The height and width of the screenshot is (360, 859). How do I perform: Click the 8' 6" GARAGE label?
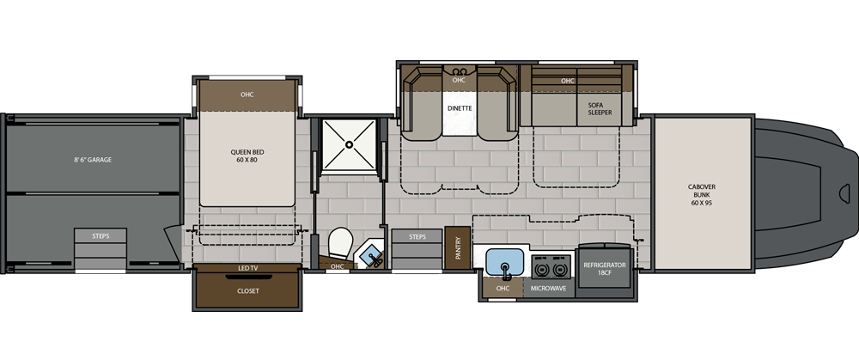click(93, 160)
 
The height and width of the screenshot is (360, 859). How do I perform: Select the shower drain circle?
click(349, 144)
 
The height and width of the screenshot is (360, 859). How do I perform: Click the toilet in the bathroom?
click(340, 243)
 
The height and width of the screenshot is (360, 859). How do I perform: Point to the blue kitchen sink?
click(505, 262)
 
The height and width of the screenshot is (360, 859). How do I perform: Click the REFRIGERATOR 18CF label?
click(604, 268)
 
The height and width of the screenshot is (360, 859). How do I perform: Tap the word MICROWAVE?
click(549, 287)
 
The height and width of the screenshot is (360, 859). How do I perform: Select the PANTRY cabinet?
click(458, 247)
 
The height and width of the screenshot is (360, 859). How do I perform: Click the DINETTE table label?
click(459, 108)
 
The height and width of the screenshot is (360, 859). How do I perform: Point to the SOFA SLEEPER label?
click(600, 108)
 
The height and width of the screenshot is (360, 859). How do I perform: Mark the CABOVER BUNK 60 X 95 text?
click(702, 194)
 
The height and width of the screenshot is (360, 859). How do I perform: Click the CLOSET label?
click(248, 291)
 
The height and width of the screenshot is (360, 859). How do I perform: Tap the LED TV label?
click(247, 268)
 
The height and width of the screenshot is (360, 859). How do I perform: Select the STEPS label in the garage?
click(101, 236)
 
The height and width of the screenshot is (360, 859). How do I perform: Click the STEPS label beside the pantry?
click(417, 237)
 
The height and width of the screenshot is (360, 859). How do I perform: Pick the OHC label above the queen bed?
click(247, 95)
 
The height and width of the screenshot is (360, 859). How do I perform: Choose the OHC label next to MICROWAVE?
click(503, 288)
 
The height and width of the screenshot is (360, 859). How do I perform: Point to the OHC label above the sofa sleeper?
click(568, 81)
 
